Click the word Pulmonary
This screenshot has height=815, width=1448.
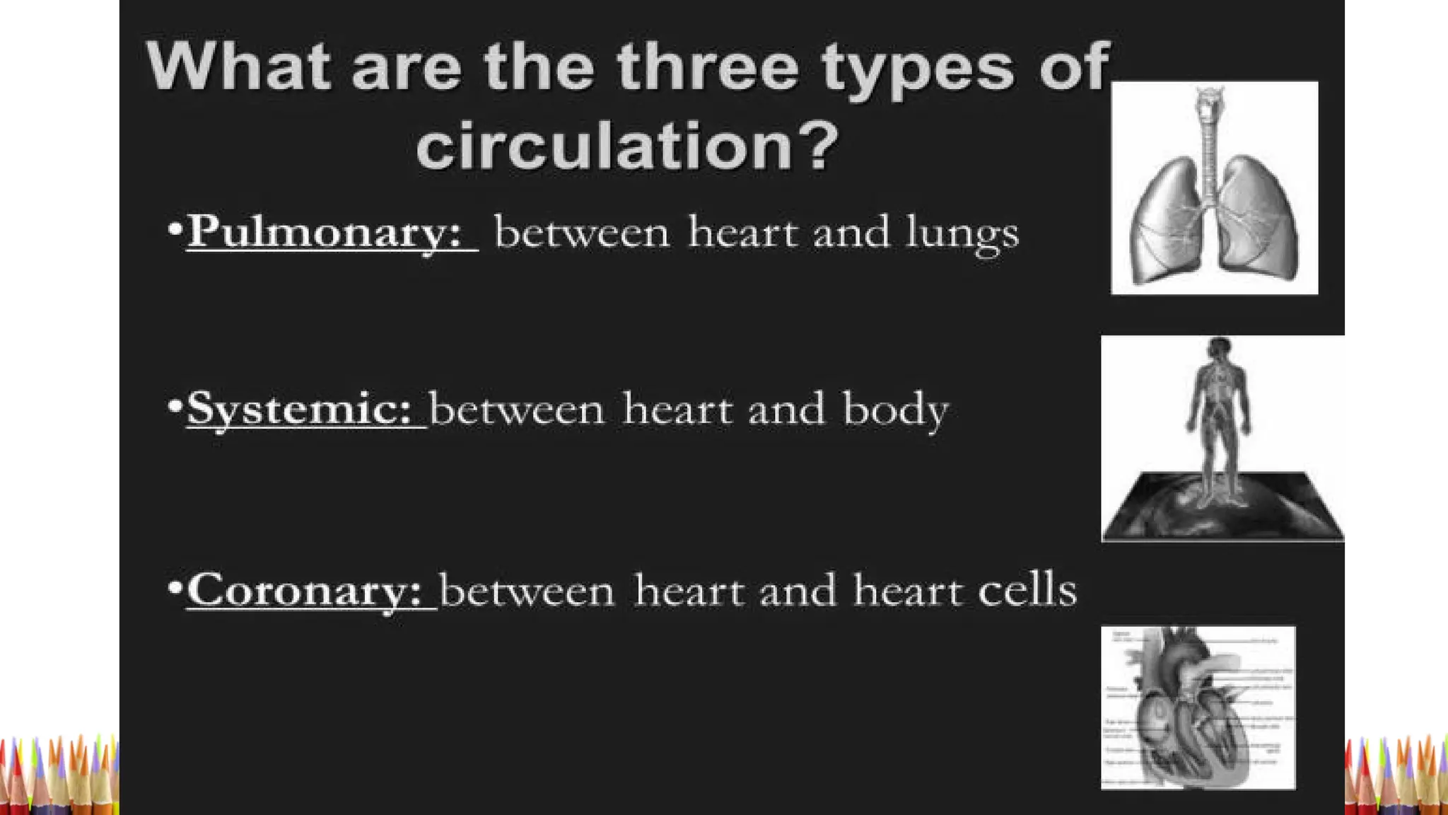[x=324, y=232]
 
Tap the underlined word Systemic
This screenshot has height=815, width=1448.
[x=298, y=409]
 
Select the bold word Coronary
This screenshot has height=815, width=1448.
[x=304, y=590]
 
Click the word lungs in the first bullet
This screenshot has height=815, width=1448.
[x=962, y=233]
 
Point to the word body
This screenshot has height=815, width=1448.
[x=895, y=410]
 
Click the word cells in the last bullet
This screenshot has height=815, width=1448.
[x=1027, y=590]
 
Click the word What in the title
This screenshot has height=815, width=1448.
[x=238, y=67]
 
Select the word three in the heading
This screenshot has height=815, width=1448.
[x=707, y=67]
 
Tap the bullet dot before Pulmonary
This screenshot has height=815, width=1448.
[x=175, y=229]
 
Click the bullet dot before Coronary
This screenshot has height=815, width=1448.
[x=175, y=587]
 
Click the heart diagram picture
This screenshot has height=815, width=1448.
[x=1198, y=707]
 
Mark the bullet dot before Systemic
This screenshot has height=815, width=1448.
[x=175, y=406]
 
